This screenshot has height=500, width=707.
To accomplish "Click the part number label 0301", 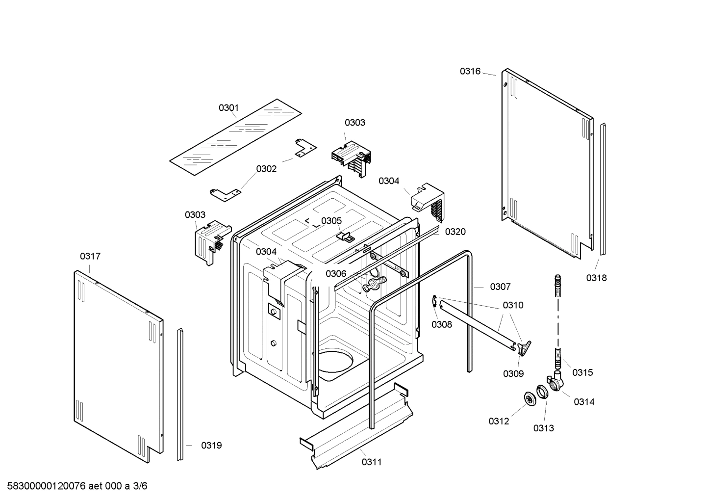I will click(x=228, y=107).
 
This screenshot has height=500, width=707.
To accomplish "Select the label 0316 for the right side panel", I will click(x=470, y=71).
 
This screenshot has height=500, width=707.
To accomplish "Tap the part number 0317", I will click(x=90, y=256).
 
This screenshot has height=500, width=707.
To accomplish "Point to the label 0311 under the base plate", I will click(x=372, y=462).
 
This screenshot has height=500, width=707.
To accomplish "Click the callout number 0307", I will click(x=500, y=287).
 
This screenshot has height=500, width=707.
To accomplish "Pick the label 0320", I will click(x=455, y=232).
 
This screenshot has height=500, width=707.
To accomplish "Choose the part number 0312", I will click(x=499, y=421).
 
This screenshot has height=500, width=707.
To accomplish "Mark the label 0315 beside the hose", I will click(x=582, y=372).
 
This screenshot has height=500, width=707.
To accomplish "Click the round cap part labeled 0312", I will click(x=530, y=399).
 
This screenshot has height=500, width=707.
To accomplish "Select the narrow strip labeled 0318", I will click(x=603, y=189).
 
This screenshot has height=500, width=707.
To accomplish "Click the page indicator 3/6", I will click(x=140, y=486).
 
